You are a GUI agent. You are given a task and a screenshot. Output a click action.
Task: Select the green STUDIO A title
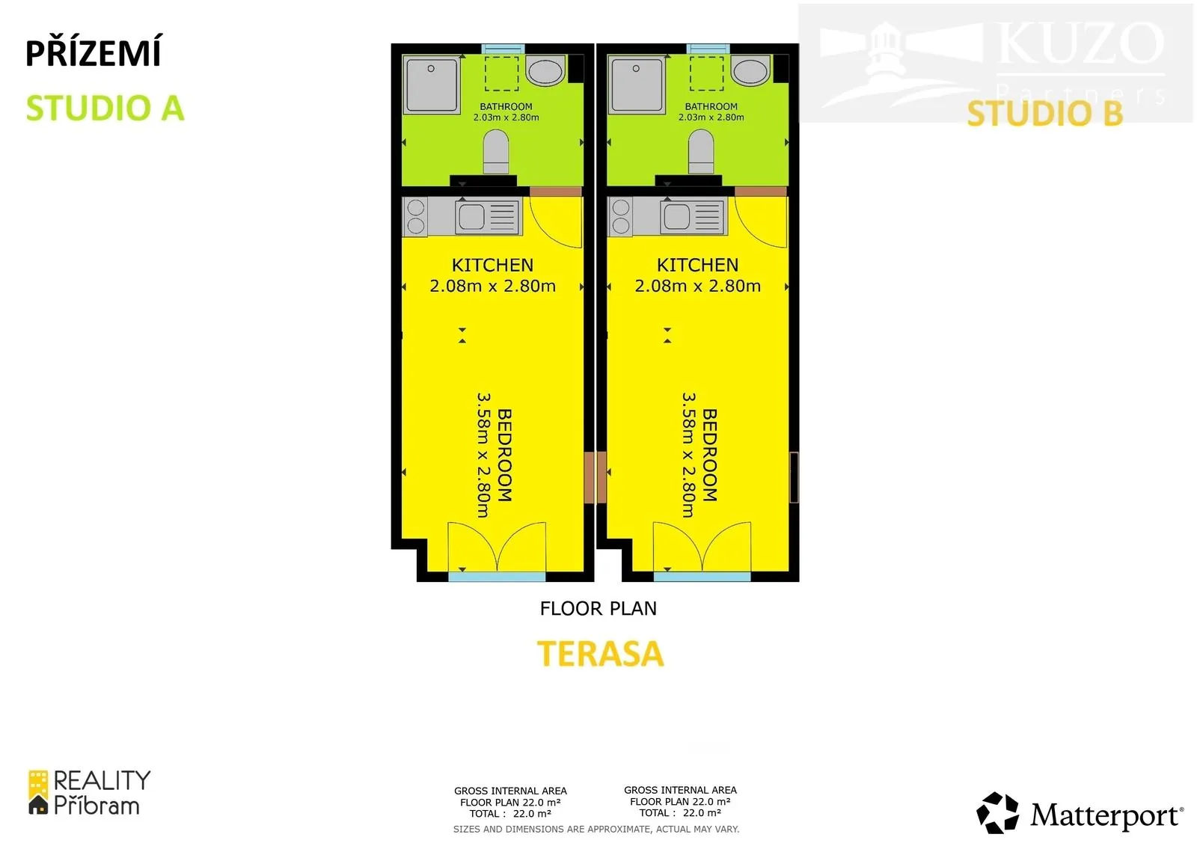tap(105, 108)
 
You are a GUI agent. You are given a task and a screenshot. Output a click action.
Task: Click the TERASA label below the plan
tap(600, 654)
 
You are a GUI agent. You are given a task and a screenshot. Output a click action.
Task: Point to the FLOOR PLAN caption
tap(598, 608)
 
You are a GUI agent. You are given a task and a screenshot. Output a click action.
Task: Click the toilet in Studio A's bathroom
tap(495, 152)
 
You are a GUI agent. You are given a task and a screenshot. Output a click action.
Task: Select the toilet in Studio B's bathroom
tap(700, 152)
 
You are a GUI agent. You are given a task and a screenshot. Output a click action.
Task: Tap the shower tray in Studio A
tap(432, 85)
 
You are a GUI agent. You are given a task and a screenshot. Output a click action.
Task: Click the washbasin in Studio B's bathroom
tap(750, 70)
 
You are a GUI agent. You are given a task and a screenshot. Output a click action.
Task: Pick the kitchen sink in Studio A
tap(487, 216)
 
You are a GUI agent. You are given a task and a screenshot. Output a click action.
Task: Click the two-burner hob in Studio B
tap(620, 216)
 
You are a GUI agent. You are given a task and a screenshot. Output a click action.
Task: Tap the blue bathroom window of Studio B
tap(708, 49)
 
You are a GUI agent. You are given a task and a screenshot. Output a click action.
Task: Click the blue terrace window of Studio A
tap(497, 577)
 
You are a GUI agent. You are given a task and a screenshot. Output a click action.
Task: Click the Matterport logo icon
tap(997, 812)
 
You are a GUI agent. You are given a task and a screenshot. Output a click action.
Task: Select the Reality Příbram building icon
tap(38, 792)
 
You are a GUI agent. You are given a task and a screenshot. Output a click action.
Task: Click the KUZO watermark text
tap(1080, 43)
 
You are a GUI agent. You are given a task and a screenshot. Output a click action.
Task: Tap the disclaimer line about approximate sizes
tap(596, 829)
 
